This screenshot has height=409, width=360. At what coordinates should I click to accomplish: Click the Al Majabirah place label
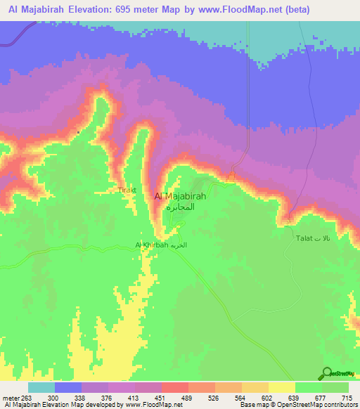(x=180, y=197)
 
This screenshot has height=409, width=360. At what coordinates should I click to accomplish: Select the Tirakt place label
(x=127, y=190)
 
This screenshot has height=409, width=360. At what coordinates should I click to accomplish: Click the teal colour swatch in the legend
(x=41, y=387)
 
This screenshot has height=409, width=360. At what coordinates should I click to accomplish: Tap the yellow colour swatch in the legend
(x=281, y=387)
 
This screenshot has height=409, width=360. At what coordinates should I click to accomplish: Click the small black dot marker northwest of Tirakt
(x=79, y=132)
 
